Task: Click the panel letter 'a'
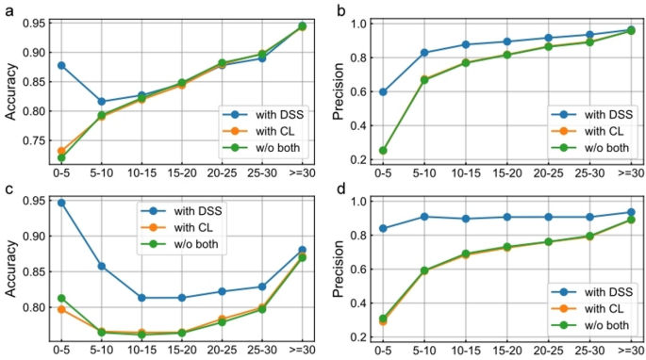6,8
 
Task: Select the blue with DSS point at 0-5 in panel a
61,65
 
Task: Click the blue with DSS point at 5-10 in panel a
102,102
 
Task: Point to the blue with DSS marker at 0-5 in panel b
383,91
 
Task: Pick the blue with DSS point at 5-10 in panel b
424,53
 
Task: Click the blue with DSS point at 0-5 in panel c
61,203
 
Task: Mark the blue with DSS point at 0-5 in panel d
383,228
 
